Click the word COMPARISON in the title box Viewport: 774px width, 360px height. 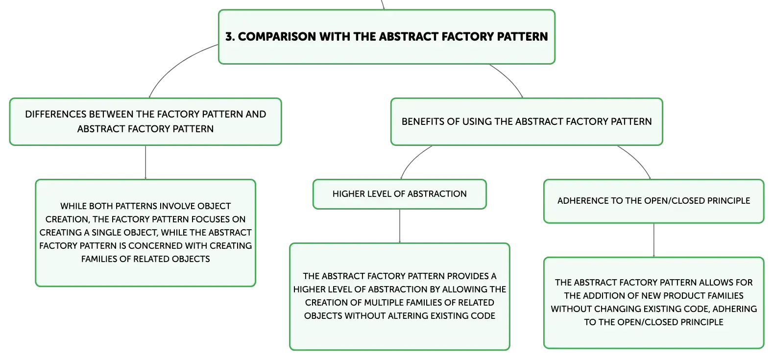(x=277, y=37)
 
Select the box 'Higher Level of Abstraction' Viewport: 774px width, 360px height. (x=399, y=194)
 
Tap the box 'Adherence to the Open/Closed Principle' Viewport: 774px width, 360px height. (x=653, y=201)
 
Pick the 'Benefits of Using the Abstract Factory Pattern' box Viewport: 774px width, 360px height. (x=527, y=121)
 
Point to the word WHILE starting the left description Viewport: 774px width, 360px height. (x=73, y=206)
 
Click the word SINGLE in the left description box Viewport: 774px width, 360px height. (x=106, y=233)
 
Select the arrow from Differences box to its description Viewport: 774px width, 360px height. (x=145, y=163)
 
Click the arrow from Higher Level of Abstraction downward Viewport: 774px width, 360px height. (x=400, y=226)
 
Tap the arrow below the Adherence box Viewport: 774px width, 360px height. (x=654, y=240)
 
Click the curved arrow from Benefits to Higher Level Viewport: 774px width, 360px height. (x=412, y=158)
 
